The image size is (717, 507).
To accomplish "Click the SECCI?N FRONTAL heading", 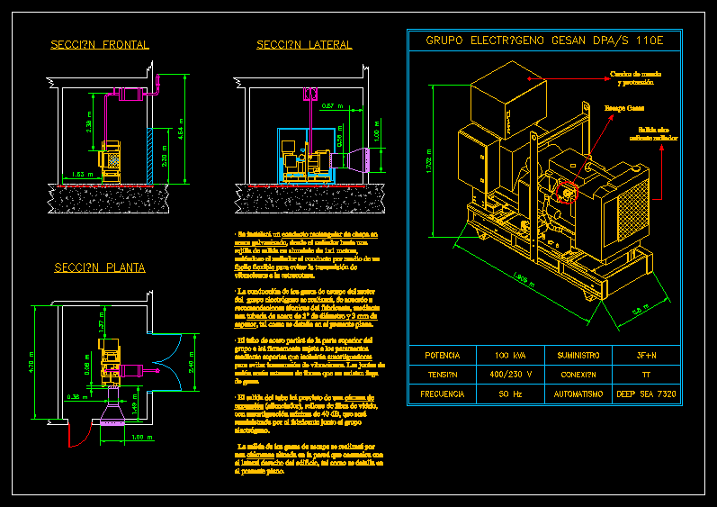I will tap(100, 45).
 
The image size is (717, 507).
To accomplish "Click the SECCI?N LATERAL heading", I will tap(304, 45).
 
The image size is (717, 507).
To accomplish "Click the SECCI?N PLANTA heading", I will tap(99, 267).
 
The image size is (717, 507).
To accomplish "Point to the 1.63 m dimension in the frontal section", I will tap(80, 174).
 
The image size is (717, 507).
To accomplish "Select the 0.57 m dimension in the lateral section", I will tap(332, 106).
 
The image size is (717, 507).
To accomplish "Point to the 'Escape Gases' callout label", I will tap(623, 109).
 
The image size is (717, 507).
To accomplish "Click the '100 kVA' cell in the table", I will tap(510, 355).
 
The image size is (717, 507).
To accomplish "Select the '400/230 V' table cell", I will tap(510, 374).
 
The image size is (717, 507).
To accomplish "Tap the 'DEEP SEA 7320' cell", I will tap(646, 394).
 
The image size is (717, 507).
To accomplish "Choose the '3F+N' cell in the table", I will tap(646, 355).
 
